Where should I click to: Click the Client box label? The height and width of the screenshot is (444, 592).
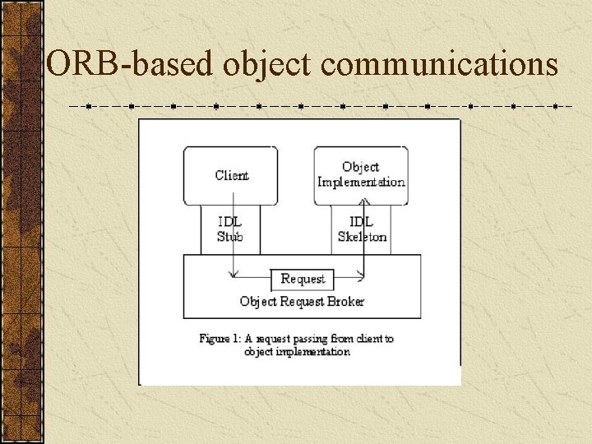[231, 175]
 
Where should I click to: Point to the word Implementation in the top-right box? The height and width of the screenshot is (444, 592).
[361, 182]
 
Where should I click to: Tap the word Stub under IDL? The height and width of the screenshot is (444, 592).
[230, 237]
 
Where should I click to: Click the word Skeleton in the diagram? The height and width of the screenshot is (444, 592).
[362, 237]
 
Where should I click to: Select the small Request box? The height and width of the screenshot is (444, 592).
[303, 279]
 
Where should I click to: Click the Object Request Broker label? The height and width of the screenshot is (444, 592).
[302, 301]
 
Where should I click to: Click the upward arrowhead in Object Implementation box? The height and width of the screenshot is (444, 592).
[363, 179]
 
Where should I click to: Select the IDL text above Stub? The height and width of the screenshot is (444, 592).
[230, 222]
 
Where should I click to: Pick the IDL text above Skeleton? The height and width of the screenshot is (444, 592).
[362, 222]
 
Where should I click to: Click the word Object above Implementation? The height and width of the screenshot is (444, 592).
[361, 168]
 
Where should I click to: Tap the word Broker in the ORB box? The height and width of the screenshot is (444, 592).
[345, 301]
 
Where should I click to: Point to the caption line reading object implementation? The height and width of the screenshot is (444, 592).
[297, 352]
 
